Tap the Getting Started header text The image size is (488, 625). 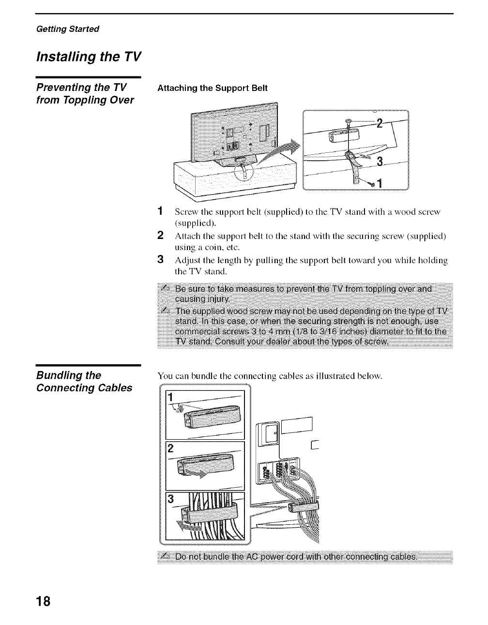pos(68,29)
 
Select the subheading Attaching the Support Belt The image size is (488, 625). pos(212,88)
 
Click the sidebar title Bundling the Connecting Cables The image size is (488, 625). pos(84,382)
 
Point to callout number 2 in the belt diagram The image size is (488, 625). pos(380,123)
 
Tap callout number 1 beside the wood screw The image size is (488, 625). pos(380,184)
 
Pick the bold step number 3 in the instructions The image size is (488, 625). pos(160,260)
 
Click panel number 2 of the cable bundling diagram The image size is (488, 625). pos(169,448)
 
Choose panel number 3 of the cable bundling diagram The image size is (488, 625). pos(169,498)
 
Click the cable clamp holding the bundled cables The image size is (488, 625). pos(304,506)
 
